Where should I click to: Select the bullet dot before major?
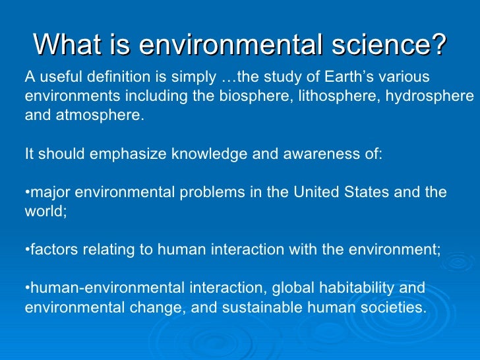(27, 193)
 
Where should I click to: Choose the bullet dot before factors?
(27, 251)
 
